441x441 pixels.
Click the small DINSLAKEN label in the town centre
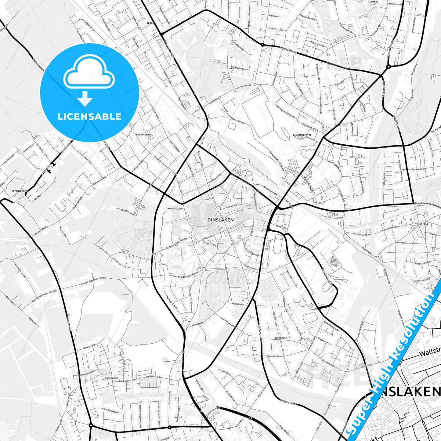tap(220, 220)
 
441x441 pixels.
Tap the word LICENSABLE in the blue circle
tap(89, 117)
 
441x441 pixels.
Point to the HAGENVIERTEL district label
tap(144, 134)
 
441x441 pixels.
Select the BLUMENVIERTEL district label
tap(302, 135)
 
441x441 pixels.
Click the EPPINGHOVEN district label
tap(19, 191)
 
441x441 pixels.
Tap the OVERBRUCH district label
tap(111, 378)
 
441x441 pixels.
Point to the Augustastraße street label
tap(287, 49)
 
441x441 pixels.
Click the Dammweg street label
tap(226, 373)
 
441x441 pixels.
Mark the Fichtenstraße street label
tap(418, 169)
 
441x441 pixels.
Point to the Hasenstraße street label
tap(273, 356)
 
